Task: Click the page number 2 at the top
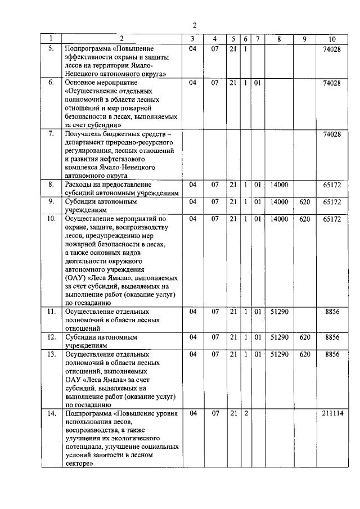point(194,25)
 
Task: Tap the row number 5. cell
point(51,49)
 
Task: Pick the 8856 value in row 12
point(332,337)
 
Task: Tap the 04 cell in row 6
point(193,83)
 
